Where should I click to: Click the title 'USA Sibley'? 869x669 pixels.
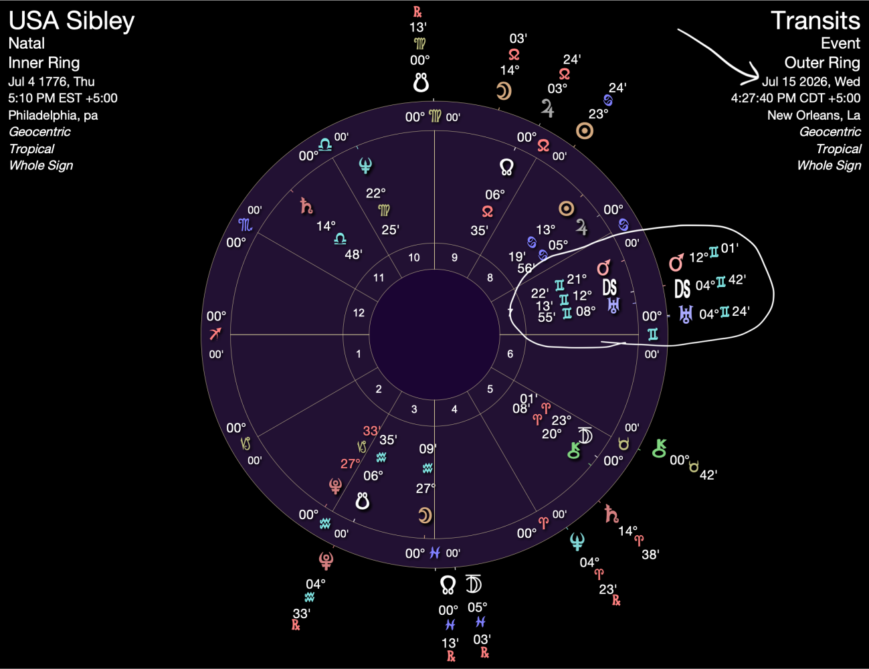(x=72, y=21)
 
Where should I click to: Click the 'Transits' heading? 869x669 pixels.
(x=815, y=21)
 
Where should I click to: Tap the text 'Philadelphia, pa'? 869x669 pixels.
(x=53, y=115)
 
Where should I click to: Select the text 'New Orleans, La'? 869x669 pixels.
(x=813, y=115)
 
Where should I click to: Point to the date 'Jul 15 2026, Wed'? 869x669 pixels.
(x=811, y=82)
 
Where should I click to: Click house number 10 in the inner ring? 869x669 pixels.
(x=414, y=258)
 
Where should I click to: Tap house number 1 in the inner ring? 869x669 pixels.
(x=359, y=354)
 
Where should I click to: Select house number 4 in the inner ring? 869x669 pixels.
(x=454, y=409)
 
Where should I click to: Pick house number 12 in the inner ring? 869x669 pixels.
(x=359, y=312)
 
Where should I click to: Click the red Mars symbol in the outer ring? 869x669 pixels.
(x=677, y=262)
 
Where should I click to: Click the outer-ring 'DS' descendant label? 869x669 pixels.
(x=682, y=288)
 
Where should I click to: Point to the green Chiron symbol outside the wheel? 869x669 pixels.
(x=660, y=448)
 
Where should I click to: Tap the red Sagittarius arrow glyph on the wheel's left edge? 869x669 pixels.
(x=215, y=334)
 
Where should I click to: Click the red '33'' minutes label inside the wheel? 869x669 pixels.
(x=371, y=431)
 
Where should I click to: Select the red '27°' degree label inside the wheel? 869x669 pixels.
(x=351, y=463)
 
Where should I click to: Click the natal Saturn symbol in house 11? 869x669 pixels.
(x=306, y=205)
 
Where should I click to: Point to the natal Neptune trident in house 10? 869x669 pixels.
(x=365, y=165)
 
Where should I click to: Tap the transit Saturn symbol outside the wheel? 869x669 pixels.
(x=611, y=514)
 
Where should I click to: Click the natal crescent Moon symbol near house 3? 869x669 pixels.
(x=425, y=515)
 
